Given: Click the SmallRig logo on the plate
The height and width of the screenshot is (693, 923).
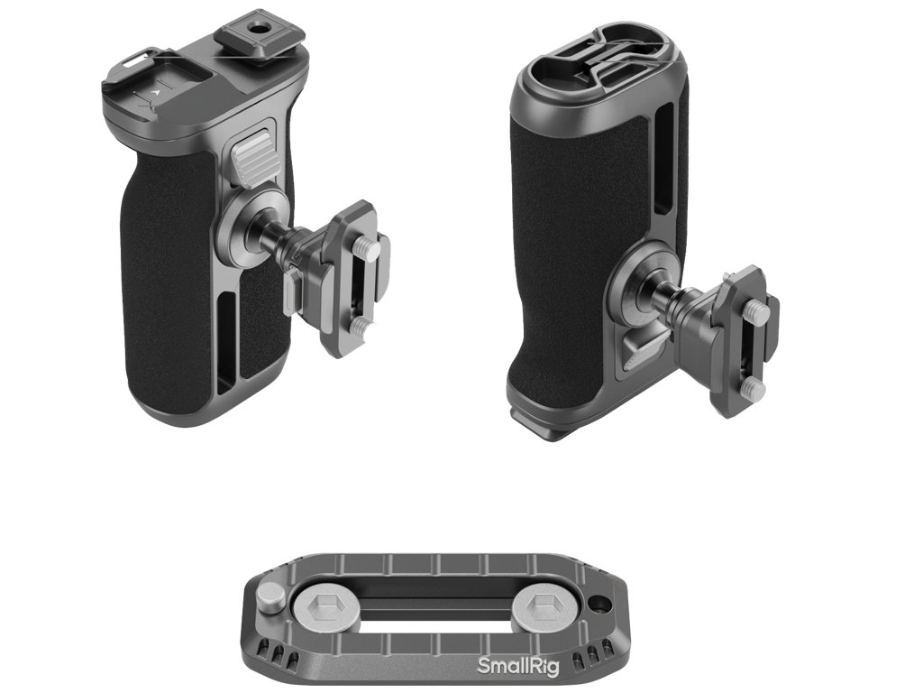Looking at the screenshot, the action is (517, 666).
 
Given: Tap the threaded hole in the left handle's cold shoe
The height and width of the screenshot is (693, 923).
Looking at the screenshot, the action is (257, 28).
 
